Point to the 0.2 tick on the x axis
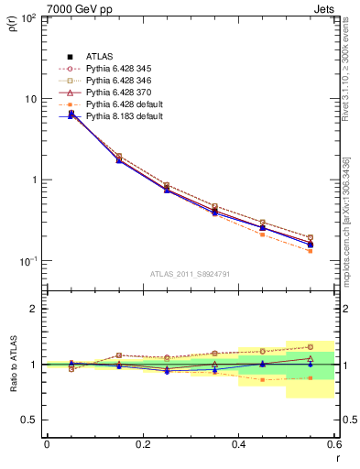tap(142, 444)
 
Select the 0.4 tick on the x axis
tap(238, 444)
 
